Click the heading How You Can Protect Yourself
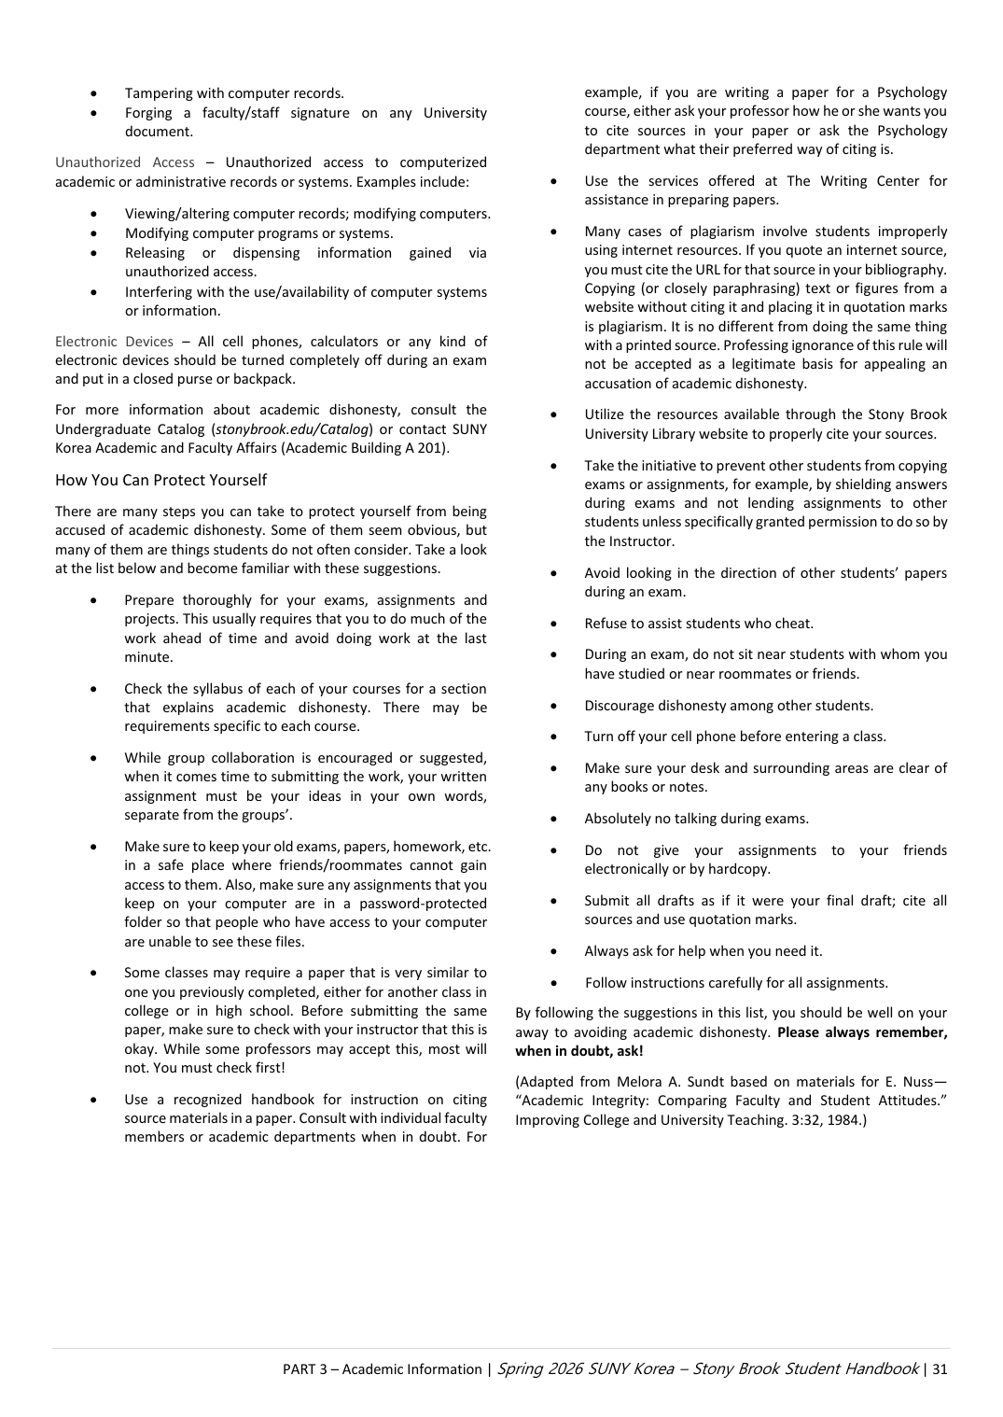160,480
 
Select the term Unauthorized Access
125,162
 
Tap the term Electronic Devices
114,342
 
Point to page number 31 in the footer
939,1369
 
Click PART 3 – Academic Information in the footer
382,1369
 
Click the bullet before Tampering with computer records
94,93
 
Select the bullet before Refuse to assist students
554,624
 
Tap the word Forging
148,113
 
